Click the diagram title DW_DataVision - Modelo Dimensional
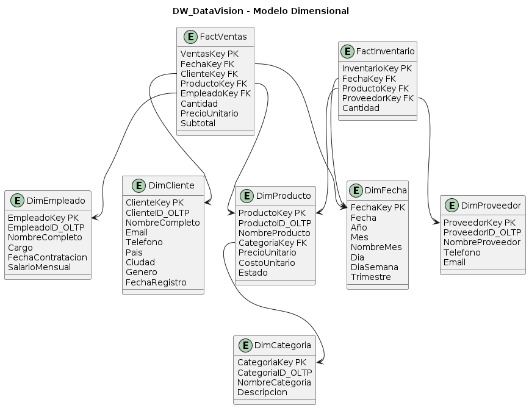tap(261, 11)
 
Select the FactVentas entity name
tap(223, 37)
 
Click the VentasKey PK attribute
tap(209, 54)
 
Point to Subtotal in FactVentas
tap(198, 123)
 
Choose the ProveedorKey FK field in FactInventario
tap(378, 98)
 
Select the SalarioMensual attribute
tap(39, 267)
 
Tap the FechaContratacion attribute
tap(48, 257)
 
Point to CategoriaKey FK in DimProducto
tap(272, 243)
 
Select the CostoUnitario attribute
tap(266, 262)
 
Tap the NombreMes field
tap(376, 247)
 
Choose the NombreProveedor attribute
tap(481, 242)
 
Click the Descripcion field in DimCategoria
tap(262, 392)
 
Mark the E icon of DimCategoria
tap(243, 345)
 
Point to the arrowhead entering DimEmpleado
tap(93, 217)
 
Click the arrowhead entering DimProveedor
tap(437, 223)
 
